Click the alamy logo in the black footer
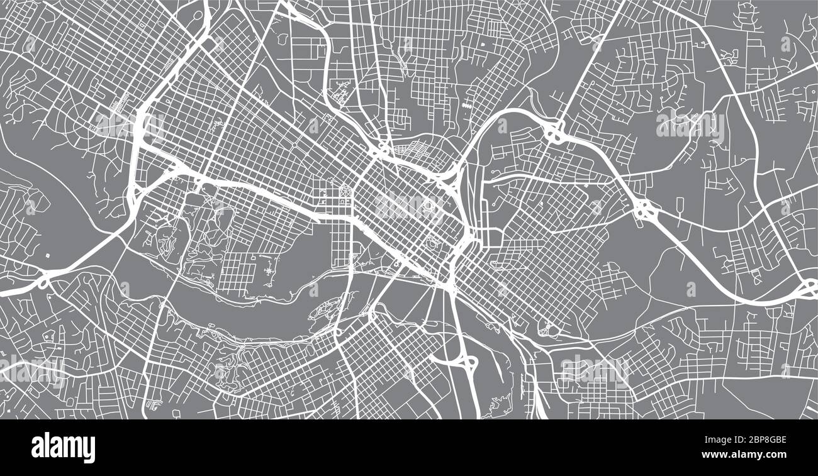[x=63, y=448]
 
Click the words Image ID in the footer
[x=712, y=441]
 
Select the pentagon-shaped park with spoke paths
[x=347, y=189]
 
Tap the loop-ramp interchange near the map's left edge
[x=44, y=280]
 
